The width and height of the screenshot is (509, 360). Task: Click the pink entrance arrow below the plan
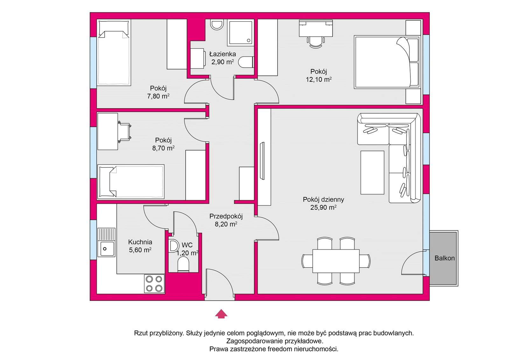[221, 314]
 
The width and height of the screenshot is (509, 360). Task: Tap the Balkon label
[444, 258]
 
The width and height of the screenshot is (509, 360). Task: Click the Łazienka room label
[222, 54]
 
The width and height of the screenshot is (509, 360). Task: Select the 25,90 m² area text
[323, 208]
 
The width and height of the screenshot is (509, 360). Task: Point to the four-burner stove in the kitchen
[154, 284]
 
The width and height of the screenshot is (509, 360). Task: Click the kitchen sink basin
[106, 249]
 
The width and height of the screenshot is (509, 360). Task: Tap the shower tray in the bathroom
[240, 32]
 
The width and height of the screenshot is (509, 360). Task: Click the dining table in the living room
[336, 261]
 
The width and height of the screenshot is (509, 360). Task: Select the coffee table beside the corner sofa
[372, 173]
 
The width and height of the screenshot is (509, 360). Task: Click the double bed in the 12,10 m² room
[387, 62]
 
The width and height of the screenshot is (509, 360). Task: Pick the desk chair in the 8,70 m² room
[124, 132]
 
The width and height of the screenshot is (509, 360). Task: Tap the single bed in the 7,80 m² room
[114, 52]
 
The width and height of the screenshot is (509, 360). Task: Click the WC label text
[187, 245]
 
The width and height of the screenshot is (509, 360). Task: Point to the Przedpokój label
[226, 216]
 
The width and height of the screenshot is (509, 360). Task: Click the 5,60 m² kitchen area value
[140, 250]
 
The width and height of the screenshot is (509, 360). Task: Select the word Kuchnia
[140, 242]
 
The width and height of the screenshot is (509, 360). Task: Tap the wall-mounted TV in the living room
[262, 161]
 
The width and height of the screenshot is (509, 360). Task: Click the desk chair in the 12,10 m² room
[316, 42]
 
